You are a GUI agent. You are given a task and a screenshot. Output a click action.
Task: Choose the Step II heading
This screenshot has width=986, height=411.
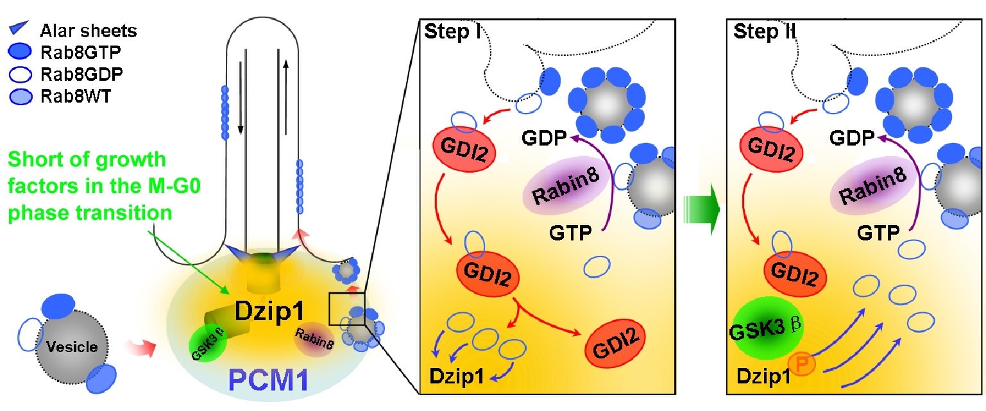[764, 32]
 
